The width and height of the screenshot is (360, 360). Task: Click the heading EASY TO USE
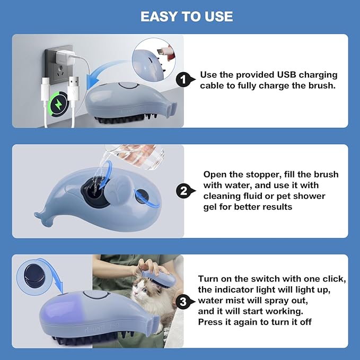[187, 16]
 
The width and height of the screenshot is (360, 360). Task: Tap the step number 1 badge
[183, 80]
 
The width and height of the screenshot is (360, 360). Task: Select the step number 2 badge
[183, 191]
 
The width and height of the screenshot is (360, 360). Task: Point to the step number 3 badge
[183, 302]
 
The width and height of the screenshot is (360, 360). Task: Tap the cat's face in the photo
[140, 292]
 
